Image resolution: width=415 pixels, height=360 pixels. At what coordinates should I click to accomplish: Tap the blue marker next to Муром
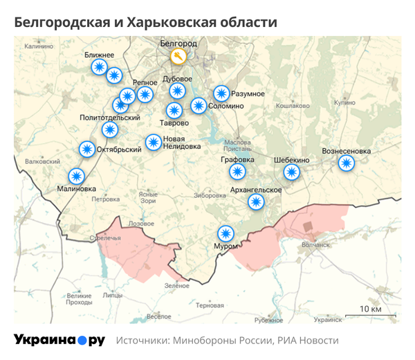225,233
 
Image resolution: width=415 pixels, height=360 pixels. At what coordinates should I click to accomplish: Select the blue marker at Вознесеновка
346,163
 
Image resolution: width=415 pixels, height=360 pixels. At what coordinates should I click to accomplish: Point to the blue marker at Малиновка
76,177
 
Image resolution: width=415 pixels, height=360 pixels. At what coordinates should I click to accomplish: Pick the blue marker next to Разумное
221,93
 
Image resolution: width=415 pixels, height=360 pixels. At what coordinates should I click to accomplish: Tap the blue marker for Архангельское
257,202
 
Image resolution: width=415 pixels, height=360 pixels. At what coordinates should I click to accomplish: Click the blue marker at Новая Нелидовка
153,143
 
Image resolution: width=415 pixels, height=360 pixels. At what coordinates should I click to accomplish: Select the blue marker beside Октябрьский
87,149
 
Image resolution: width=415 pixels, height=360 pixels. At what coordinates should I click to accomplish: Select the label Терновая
210,305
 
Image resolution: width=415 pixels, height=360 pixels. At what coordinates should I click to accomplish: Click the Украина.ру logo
59,340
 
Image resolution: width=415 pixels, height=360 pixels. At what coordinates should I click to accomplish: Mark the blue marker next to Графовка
238,171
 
